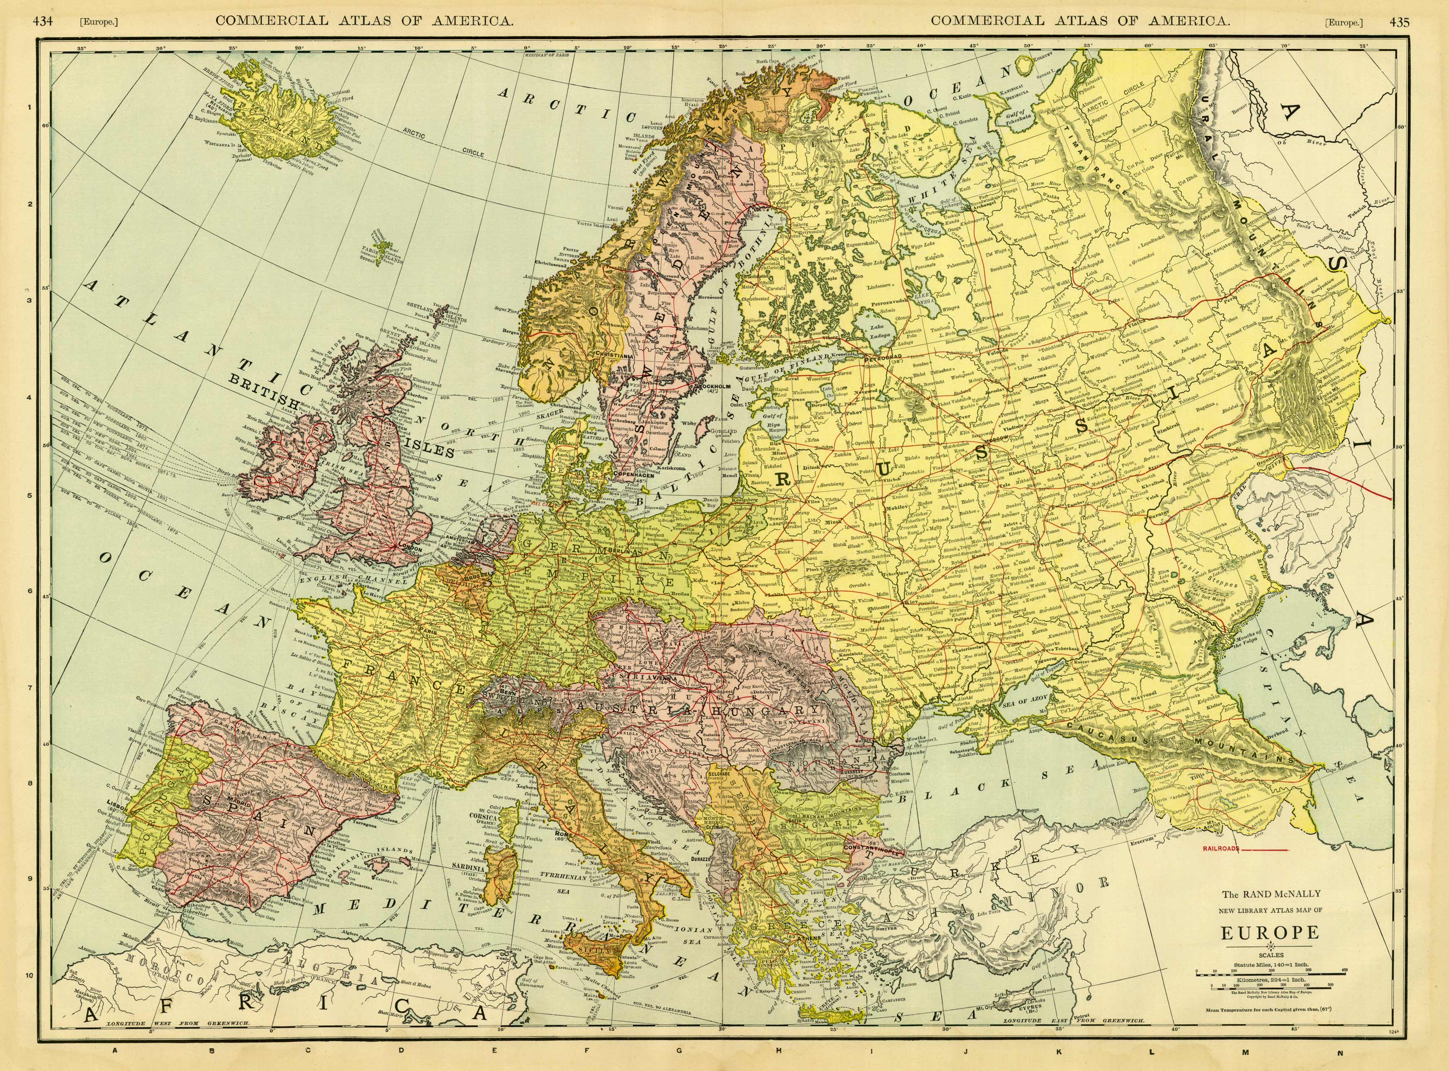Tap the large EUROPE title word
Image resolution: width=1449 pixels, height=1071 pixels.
pos(1266,933)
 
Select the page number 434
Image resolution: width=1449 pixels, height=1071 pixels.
pos(42,22)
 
